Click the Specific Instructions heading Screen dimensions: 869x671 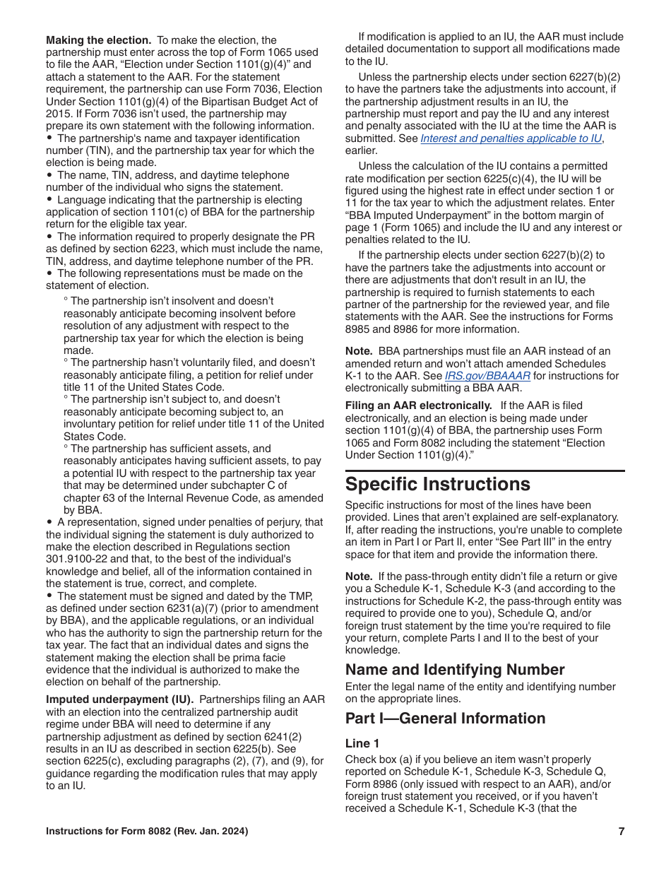(437, 485)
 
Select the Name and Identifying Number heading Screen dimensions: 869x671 (455, 669)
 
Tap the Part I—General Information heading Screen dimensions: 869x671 (445, 718)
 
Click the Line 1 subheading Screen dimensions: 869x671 (362, 743)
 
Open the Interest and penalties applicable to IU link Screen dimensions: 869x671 (511, 138)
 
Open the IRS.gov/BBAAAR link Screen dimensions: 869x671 (487, 376)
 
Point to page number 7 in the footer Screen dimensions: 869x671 (621, 832)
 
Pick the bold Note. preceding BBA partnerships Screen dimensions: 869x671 (359, 351)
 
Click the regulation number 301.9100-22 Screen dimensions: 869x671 (77, 559)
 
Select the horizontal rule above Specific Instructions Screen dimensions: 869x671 (485, 471)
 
